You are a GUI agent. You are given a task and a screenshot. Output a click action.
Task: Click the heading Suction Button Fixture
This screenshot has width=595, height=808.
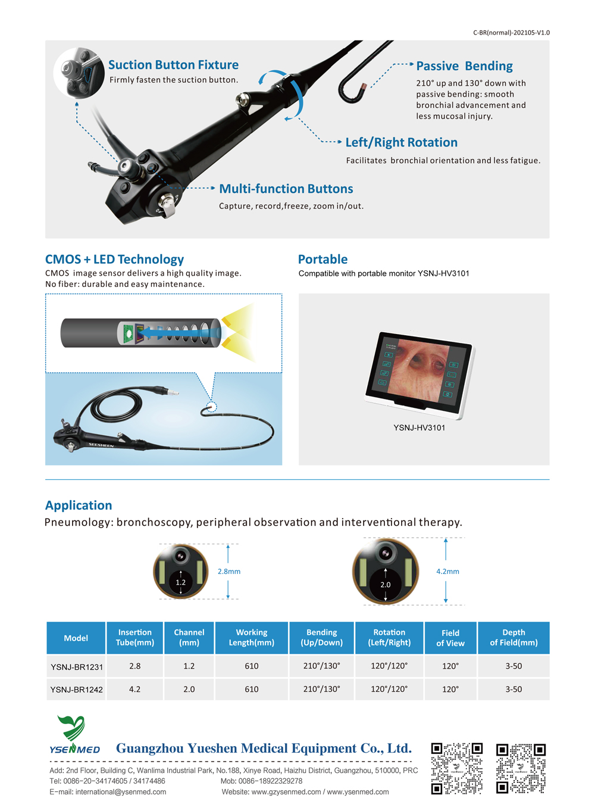click(x=173, y=65)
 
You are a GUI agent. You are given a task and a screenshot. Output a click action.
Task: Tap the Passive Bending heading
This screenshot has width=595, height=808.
click(x=464, y=66)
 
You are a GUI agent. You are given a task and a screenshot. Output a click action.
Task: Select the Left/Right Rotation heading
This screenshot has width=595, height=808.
click(x=402, y=142)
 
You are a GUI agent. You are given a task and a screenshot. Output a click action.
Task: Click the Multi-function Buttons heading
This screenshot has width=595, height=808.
click(x=286, y=189)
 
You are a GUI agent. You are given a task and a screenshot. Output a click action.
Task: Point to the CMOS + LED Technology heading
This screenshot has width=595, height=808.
click(x=114, y=259)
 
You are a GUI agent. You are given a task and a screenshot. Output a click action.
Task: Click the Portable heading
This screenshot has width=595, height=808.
click(x=322, y=259)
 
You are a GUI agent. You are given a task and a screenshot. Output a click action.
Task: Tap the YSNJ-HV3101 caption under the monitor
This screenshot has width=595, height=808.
click(x=419, y=428)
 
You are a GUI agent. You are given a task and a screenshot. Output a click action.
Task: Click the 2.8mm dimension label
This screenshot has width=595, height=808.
click(x=229, y=571)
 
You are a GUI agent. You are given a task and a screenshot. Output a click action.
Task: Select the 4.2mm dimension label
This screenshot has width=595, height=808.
click(x=447, y=571)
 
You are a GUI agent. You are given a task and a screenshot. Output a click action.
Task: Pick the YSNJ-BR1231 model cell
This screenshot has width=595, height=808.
click(x=77, y=667)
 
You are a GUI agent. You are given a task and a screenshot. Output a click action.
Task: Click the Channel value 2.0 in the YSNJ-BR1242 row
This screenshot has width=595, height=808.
click(x=189, y=689)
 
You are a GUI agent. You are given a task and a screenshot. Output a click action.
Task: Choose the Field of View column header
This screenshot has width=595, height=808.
click(x=450, y=638)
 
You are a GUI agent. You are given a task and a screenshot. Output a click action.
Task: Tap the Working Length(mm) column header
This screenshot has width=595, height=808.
click(x=252, y=638)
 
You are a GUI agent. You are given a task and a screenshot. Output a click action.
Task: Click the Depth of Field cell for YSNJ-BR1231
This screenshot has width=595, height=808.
click(x=513, y=666)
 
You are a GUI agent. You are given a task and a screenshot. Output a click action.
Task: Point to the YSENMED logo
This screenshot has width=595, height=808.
click(x=74, y=735)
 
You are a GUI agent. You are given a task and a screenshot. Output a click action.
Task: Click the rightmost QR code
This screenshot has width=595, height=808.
click(x=521, y=768)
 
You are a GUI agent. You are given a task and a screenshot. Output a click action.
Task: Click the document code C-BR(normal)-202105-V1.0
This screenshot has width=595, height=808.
click(x=511, y=33)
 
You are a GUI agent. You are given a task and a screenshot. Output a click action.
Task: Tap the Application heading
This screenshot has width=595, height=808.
click(x=79, y=505)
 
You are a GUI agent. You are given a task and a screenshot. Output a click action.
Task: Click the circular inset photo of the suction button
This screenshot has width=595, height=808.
click(x=79, y=73)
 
